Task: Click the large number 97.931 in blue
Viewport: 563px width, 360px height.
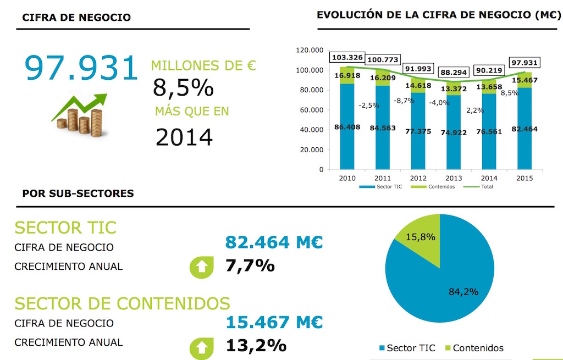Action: click(81, 68)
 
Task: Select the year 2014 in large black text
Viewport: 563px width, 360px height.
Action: click(184, 137)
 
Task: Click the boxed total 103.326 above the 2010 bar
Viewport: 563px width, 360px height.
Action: click(347, 57)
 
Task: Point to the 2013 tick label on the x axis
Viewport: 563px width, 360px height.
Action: click(453, 178)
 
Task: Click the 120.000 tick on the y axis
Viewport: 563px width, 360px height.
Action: click(310, 50)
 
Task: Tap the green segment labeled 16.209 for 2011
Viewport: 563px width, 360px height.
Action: click(383, 78)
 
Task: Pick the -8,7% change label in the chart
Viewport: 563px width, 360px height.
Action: click(404, 101)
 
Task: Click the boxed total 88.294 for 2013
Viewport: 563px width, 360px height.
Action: click(453, 71)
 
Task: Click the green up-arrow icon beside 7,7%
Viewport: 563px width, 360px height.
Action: click(201, 267)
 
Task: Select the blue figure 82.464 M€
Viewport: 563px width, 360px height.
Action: click(274, 242)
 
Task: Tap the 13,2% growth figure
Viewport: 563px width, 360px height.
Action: click(256, 345)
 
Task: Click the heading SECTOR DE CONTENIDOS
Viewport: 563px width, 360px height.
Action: click(122, 303)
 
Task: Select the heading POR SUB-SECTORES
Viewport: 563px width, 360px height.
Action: click(78, 193)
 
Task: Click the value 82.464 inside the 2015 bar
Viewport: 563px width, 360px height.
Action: click(524, 129)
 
